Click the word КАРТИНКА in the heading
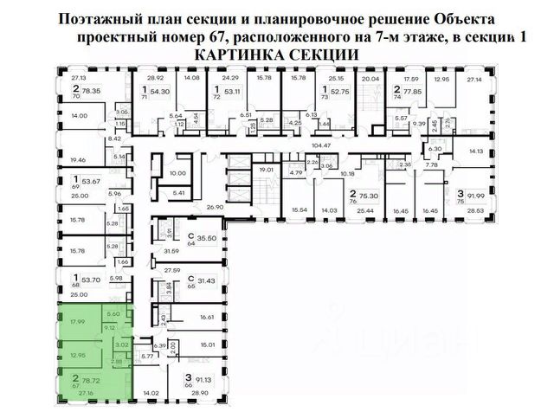point(229,54)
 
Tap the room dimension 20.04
point(371,78)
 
